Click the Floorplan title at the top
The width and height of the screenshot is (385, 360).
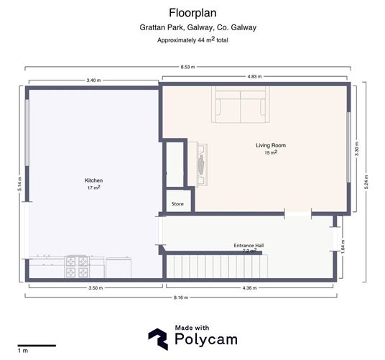pos(192,12)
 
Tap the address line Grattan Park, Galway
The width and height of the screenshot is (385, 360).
pos(192,27)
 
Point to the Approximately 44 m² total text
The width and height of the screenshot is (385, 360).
pos(192,40)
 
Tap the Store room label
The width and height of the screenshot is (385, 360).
pos(177,204)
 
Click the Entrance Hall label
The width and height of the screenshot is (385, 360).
pos(249,246)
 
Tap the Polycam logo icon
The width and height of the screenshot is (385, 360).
pos(158,338)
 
